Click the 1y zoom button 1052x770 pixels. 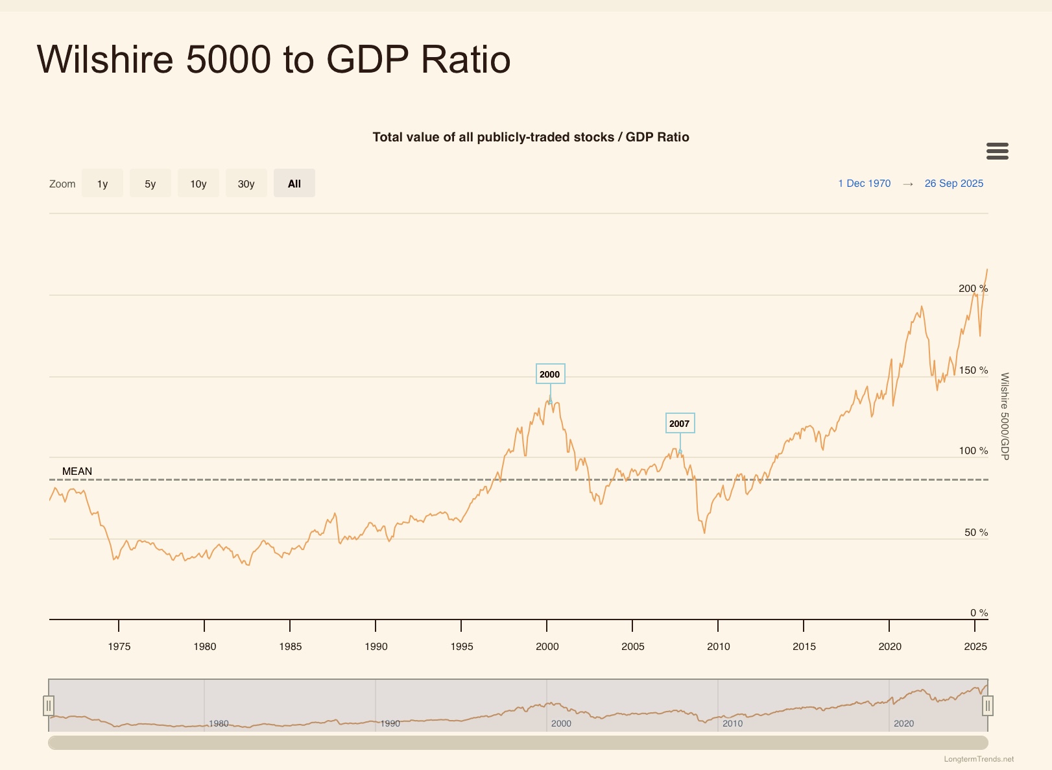[102, 184]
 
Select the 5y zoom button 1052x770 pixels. [150, 184]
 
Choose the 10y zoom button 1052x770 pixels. [198, 184]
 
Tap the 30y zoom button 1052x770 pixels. [246, 184]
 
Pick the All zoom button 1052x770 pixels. [294, 184]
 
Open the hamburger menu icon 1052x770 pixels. [997, 151]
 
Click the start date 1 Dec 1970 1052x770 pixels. [864, 184]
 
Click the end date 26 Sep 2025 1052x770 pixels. [953, 184]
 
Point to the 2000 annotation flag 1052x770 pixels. [550, 374]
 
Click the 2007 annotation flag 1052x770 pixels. [680, 424]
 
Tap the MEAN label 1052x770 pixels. [77, 472]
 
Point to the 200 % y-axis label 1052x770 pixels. [973, 289]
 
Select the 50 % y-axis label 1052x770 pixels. [976, 533]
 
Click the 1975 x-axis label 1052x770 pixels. [119, 647]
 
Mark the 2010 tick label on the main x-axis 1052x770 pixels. [719, 647]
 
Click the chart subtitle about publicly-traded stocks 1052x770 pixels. [531, 137]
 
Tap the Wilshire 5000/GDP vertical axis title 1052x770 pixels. [1005, 416]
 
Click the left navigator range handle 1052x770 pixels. [49, 705]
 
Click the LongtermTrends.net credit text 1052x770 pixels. [979, 759]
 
